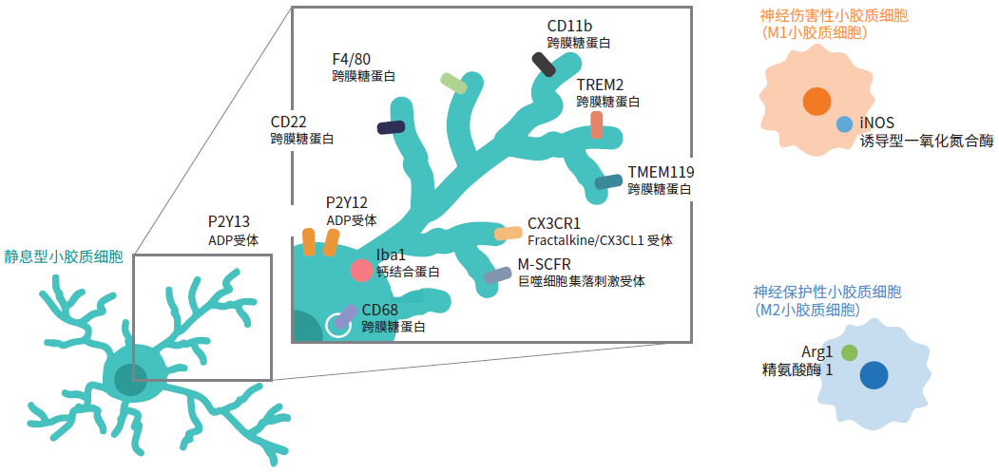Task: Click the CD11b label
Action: pyautogui.click(x=570, y=26)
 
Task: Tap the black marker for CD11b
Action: pyautogui.click(x=544, y=63)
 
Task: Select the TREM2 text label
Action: pyautogui.click(x=601, y=85)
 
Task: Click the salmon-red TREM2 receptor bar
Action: pyautogui.click(x=596, y=124)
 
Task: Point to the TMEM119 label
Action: pyautogui.click(x=661, y=172)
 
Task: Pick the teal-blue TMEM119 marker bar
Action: pyautogui.click(x=608, y=181)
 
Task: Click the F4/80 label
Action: pyautogui.click(x=352, y=58)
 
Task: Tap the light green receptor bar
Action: pyautogui.click(x=454, y=84)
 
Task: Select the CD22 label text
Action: pyautogui.click(x=289, y=122)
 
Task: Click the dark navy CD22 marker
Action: pyautogui.click(x=391, y=127)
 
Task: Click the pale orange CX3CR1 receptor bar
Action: pyautogui.click(x=508, y=233)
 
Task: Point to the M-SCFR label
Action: pyautogui.click(x=545, y=264)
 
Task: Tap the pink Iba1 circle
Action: pyautogui.click(x=361, y=271)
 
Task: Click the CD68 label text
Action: pyautogui.click(x=379, y=310)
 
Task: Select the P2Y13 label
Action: pyautogui.click(x=229, y=223)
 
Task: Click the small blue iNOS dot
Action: pyautogui.click(x=844, y=124)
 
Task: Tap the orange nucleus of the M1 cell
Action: pyautogui.click(x=815, y=101)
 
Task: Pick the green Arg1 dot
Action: pyautogui.click(x=849, y=352)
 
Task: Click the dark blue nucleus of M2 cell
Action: pyautogui.click(x=874, y=374)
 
